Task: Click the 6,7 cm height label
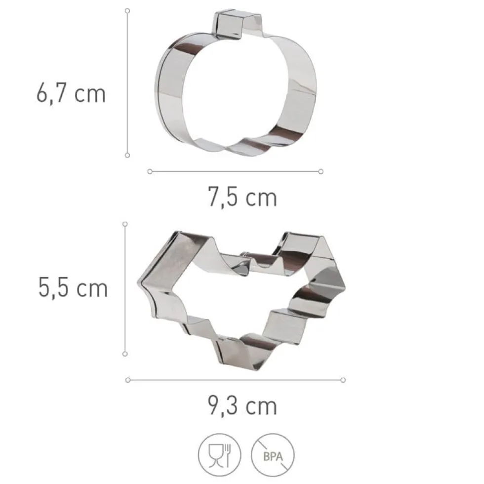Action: pyautogui.click(x=71, y=93)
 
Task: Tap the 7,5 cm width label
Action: pyautogui.click(x=242, y=197)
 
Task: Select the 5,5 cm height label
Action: pyautogui.click(x=73, y=287)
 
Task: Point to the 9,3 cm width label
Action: pyautogui.click(x=242, y=405)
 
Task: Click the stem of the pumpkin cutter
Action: pyautogui.click(x=237, y=24)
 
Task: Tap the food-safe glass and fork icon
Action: pyautogui.click(x=219, y=455)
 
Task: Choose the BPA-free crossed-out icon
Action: pyautogui.click(x=273, y=455)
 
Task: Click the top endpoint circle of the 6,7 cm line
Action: pyautogui.click(x=127, y=11)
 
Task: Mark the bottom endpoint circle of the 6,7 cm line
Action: pyautogui.click(x=127, y=155)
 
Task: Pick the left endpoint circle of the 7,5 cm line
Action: pyautogui.click(x=150, y=171)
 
